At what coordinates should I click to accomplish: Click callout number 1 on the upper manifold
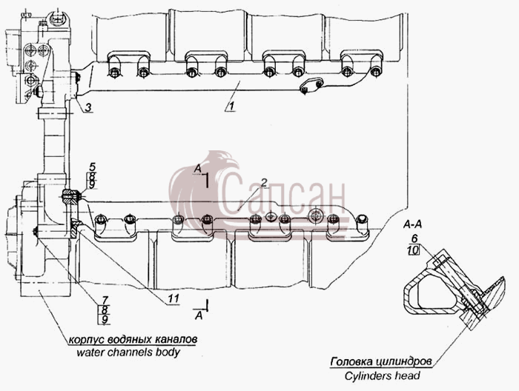pyautogui.click(x=231, y=106)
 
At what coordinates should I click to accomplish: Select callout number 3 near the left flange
pyautogui.click(x=87, y=107)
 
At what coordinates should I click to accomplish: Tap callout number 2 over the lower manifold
pyautogui.click(x=264, y=182)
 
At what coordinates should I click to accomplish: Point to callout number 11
pyautogui.click(x=173, y=299)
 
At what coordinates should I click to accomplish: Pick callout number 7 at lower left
pyautogui.click(x=105, y=301)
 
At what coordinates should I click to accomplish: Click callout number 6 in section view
pyautogui.click(x=414, y=238)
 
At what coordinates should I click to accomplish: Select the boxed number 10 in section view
pyautogui.click(x=414, y=250)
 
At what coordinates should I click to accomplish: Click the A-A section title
pyautogui.click(x=412, y=224)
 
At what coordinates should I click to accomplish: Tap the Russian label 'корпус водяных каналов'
pyautogui.click(x=133, y=339)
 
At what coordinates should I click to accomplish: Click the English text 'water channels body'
pyautogui.click(x=128, y=352)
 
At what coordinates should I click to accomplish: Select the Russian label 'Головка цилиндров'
pyautogui.click(x=381, y=361)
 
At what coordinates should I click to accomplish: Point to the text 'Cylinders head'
pyautogui.click(x=382, y=375)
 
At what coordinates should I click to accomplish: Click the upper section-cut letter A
pyautogui.click(x=198, y=169)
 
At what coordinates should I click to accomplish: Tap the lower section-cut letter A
pyautogui.click(x=199, y=315)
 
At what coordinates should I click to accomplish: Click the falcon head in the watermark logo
pyautogui.click(x=222, y=162)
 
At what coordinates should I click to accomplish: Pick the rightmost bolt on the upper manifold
pyautogui.click(x=375, y=71)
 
